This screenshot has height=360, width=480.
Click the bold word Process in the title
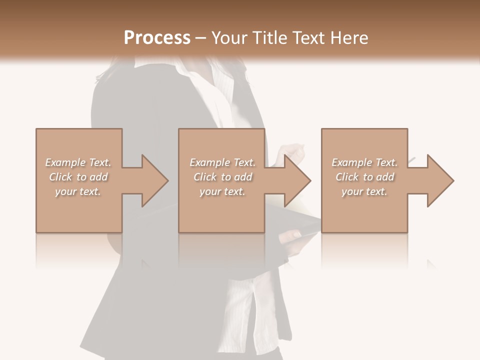[157, 38]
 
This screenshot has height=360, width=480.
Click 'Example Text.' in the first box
[78, 162]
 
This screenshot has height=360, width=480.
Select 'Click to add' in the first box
[78, 177]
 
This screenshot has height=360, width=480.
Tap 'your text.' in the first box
[78, 191]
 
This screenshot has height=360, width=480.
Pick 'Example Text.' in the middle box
[222, 162]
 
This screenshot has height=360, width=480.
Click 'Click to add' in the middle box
[222, 177]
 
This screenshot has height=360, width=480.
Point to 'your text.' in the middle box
[222, 191]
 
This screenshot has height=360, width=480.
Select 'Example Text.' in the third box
[364, 162]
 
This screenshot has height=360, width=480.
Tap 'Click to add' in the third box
[364, 177]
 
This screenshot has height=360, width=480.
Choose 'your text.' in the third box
[364, 191]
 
